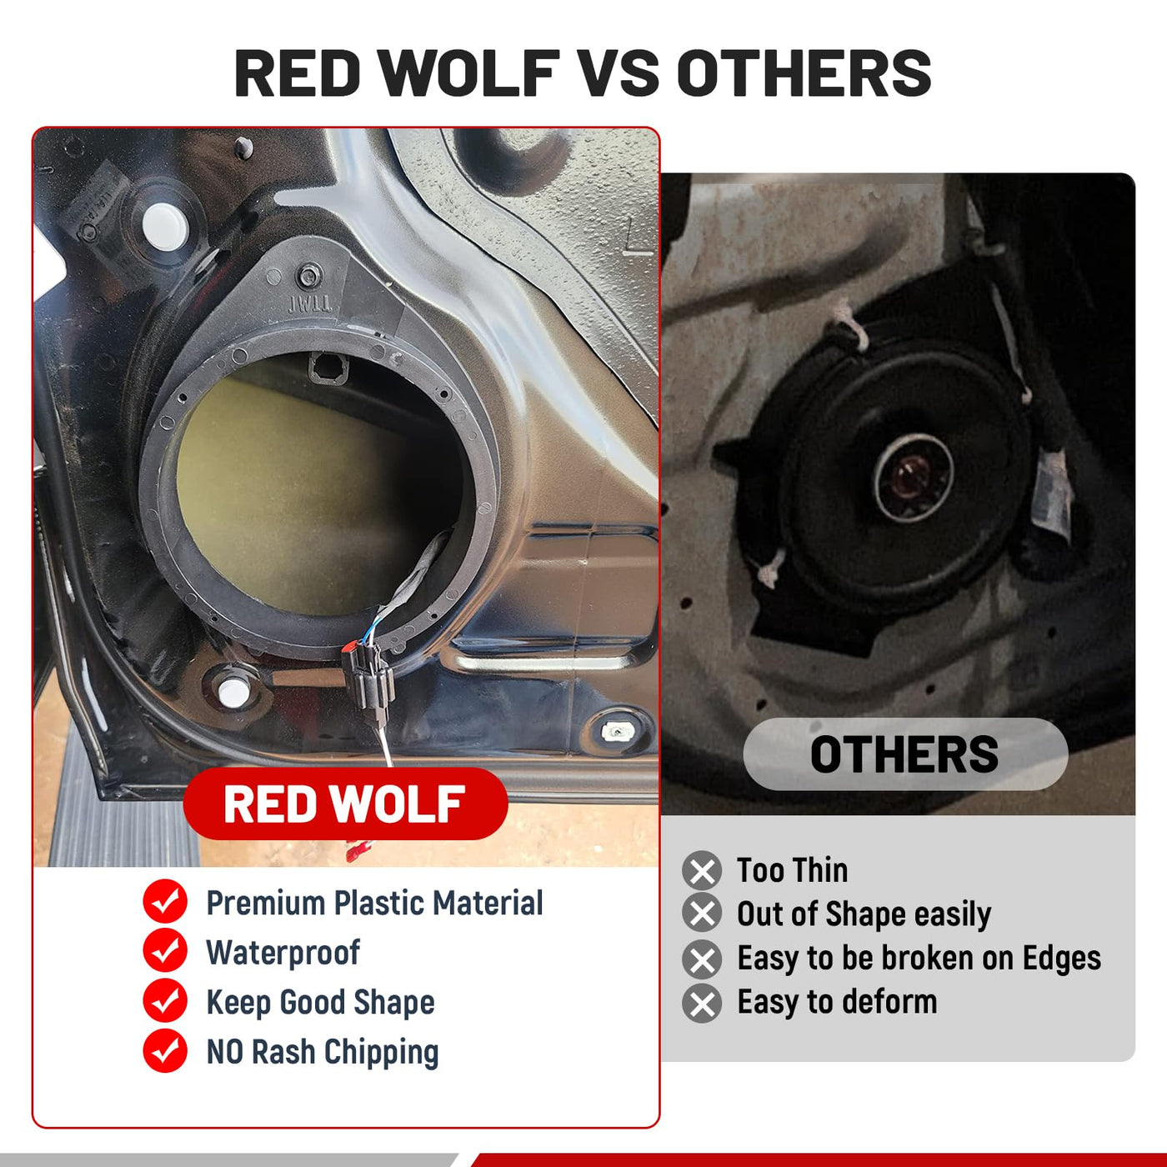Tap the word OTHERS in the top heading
804,73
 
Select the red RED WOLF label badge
345,804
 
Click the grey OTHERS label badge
904,754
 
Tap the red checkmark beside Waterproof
165,952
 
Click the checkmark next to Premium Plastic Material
165,902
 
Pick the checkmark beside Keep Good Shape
165,1002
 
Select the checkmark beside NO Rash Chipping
165,1051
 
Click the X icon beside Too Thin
702,871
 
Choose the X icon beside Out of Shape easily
702,913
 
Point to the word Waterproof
283,953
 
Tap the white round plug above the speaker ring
165,226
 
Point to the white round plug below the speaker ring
233,693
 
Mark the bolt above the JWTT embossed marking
309,276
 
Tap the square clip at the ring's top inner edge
328,368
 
